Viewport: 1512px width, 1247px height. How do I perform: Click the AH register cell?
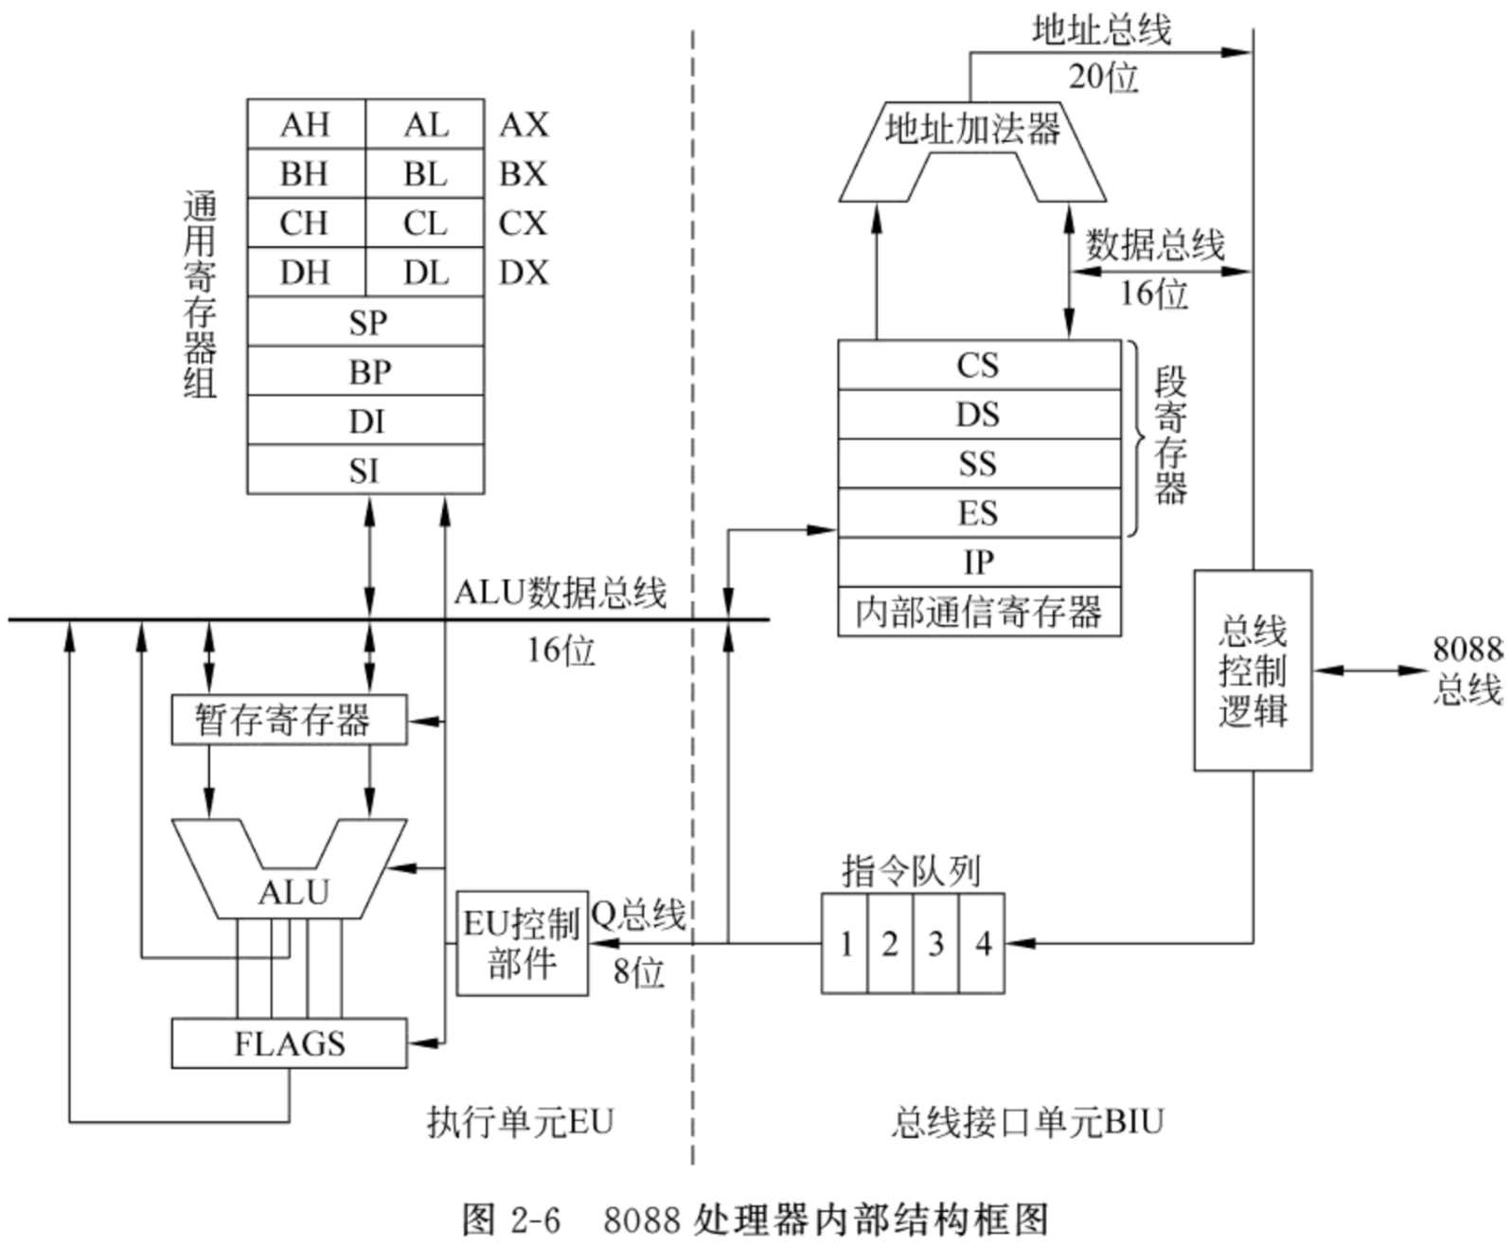307,124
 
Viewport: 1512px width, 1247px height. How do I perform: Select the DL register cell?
425,273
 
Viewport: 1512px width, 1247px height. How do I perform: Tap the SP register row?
365,322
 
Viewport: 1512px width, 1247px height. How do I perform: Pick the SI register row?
365,470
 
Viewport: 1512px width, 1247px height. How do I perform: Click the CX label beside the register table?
523,223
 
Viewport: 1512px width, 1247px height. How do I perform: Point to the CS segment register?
979,365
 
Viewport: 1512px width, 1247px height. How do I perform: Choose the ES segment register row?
979,512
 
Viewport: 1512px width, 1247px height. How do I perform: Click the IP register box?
979,561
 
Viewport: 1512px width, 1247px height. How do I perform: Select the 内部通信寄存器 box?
979,612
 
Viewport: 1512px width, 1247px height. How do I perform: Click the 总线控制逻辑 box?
1253,669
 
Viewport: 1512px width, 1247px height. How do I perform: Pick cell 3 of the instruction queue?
935,943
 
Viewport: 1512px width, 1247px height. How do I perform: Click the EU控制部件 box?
522,943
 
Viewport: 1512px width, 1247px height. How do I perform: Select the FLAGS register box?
289,1042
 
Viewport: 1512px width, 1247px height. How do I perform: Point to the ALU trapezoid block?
290,891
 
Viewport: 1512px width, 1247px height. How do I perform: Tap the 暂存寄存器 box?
289,720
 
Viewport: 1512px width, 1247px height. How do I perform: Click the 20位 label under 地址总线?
1103,77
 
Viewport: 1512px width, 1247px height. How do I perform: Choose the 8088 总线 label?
1468,669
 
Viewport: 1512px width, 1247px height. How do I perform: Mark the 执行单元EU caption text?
520,1122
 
